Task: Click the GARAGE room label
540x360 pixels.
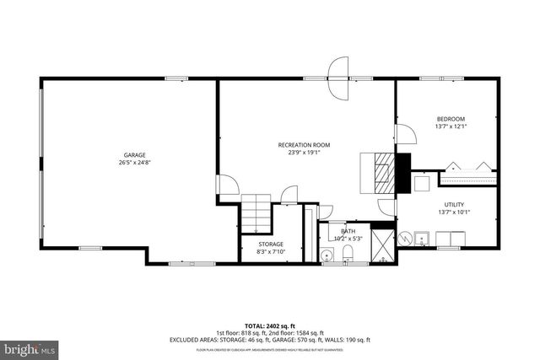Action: pos(135,154)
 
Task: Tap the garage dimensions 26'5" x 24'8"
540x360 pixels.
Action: pos(135,162)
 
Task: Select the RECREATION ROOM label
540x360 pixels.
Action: pos(304,145)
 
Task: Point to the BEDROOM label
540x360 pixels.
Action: pos(451,119)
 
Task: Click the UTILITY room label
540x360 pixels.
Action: pos(455,204)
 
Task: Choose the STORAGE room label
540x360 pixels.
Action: pos(271,244)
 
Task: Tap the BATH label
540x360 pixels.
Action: pos(348,231)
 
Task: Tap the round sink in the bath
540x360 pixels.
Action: pos(327,254)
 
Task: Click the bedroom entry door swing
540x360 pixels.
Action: pos(403,134)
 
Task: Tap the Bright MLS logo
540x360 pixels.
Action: pos(30,347)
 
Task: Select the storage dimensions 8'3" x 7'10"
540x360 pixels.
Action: pos(271,251)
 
